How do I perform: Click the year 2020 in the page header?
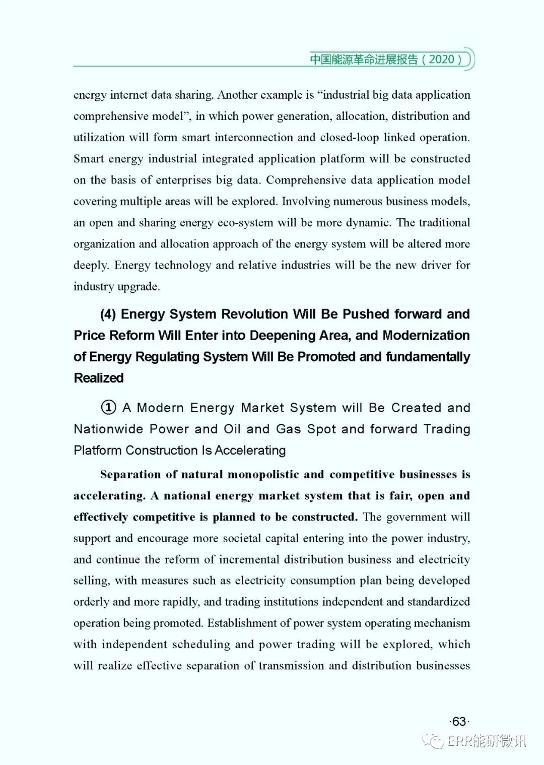pos(442,59)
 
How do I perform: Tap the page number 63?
pos(459,721)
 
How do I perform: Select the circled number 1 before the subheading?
pos(108,407)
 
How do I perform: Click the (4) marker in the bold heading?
pos(108,314)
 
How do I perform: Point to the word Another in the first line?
pos(237,95)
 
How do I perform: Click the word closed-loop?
pos(350,137)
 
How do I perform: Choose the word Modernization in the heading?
pos(426,335)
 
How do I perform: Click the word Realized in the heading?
pos(99,378)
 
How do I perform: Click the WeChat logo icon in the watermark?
pos(434,740)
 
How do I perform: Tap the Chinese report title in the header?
pos(364,59)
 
